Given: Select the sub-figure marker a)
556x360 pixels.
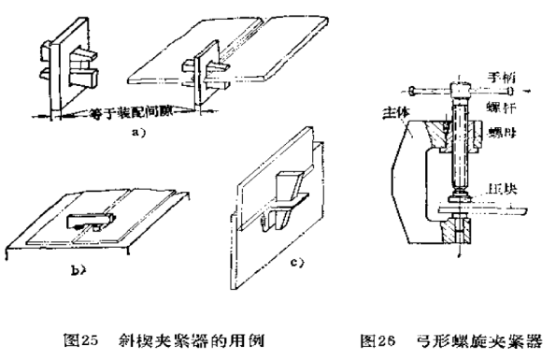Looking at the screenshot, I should [137, 133].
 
